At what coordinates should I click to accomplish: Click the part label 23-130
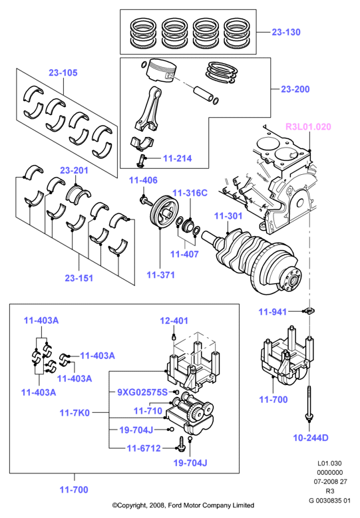(286, 32)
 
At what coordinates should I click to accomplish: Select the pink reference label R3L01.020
(308, 126)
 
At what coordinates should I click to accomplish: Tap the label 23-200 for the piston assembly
(295, 89)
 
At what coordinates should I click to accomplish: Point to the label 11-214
(177, 158)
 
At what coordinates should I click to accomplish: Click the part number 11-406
(143, 180)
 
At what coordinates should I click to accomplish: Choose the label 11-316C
(190, 193)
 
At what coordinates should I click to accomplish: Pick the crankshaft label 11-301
(228, 216)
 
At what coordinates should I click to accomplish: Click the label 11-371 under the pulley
(160, 275)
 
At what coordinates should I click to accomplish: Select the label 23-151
(79, 278)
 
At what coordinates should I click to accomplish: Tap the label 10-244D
(311, 438)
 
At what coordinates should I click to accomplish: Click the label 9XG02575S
(142, 392)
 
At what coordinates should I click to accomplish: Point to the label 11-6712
(144, 448)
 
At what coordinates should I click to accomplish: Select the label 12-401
(174, 321)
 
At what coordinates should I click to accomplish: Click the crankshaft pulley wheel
(164, 212)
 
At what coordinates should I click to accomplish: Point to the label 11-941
(272, 312)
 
